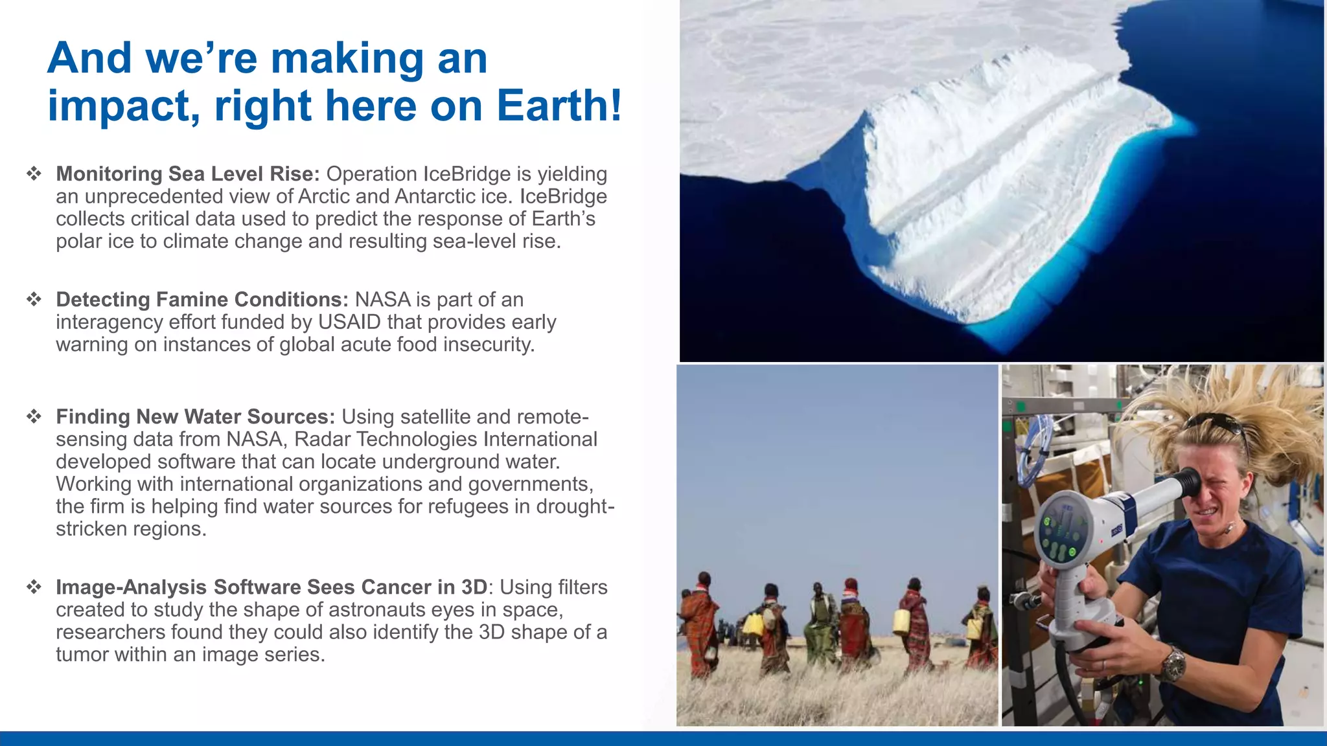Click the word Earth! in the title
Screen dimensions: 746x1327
point(559,105)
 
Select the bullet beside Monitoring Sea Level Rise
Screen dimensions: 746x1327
point(34,174)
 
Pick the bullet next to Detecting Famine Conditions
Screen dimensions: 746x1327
point(34,299)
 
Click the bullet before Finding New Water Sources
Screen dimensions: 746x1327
point(34,416)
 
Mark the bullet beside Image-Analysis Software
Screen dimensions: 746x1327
point(34,587)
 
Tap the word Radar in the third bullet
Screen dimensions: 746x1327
point(322,439)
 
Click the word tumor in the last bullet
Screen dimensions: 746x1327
point(83,655)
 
